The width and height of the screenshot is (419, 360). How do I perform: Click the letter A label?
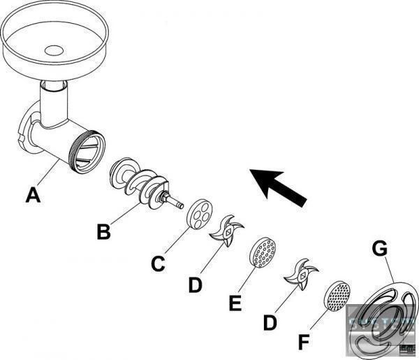click(x=33, y=196)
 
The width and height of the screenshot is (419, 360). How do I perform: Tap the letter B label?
click(x=103, y=231)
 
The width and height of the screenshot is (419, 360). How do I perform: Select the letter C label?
click(x=159, y=264)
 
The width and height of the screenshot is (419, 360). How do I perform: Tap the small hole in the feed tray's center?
click(x=53, y=50)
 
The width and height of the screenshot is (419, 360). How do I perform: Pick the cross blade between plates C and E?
click(x=228, y=233)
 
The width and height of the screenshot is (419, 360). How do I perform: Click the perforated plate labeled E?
click(x=263, y=252)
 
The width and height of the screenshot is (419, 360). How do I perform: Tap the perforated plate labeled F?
click(x=337, y=296)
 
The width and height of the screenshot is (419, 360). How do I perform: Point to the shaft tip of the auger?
click(x=178, y=203)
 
